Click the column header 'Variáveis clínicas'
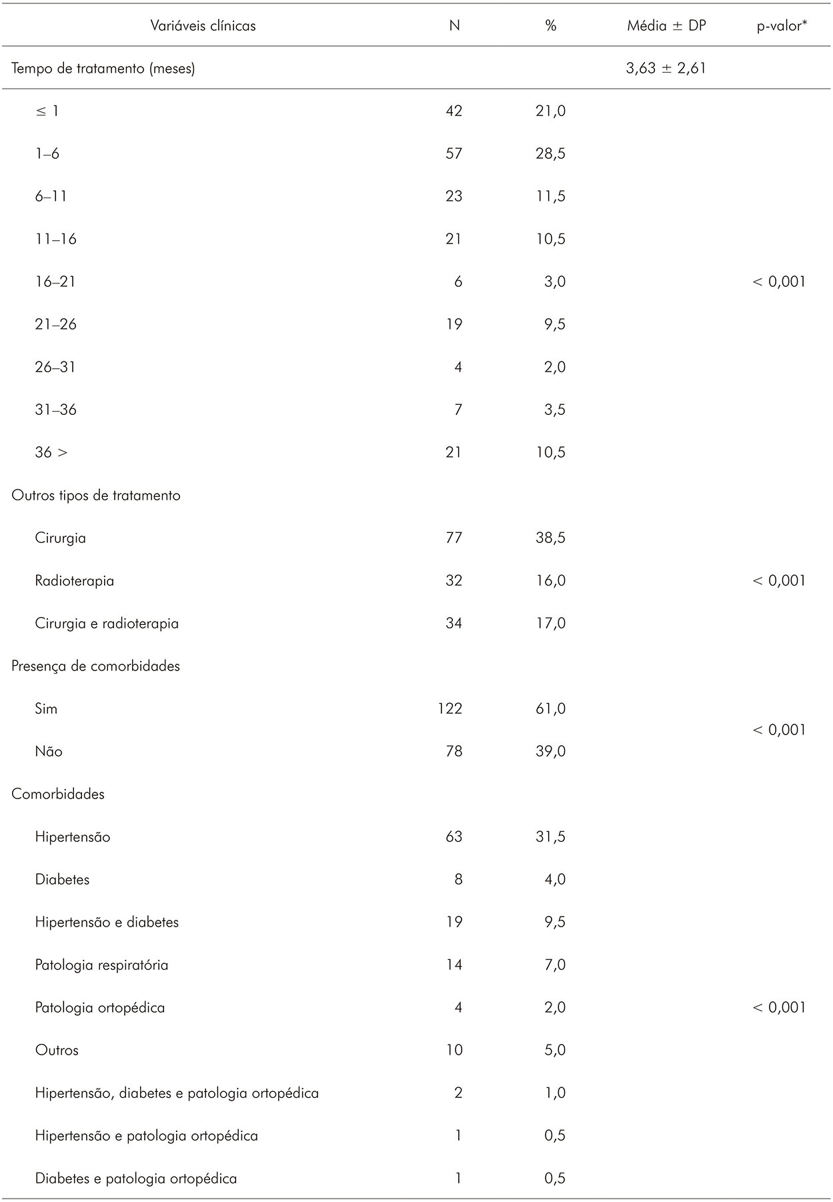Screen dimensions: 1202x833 [x=203, y=26]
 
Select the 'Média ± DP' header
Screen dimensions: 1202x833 [x=666, y=26]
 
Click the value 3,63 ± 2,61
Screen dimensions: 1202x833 [x=666, y=68]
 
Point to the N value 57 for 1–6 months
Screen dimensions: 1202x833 [x=454, y=153]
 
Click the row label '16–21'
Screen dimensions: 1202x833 [x=55, y=281]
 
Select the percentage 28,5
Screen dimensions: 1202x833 [x=550, y=153]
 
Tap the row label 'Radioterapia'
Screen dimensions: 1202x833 [x=75, y=580]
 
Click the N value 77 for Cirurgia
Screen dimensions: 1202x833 [x=454, y=538]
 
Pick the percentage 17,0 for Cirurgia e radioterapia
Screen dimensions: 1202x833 [x=550, y=623]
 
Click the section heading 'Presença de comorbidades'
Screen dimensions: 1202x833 [x=96, y=666]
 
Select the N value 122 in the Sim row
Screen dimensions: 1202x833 [x=450, y=708]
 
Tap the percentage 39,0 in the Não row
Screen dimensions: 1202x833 [x=550, y=751]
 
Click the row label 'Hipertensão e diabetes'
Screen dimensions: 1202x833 [x=107, y=922]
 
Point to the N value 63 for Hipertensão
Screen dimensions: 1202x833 [x=454, y=836]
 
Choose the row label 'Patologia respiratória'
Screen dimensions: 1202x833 [x=101, y=965]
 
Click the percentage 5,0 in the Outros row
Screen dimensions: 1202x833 [x=554, y=1050]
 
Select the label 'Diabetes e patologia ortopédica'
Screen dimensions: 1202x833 [x=136, y=1178]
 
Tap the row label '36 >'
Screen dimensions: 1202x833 [x=51, y=452]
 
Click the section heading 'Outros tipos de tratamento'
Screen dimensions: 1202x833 [x=96, y=495]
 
